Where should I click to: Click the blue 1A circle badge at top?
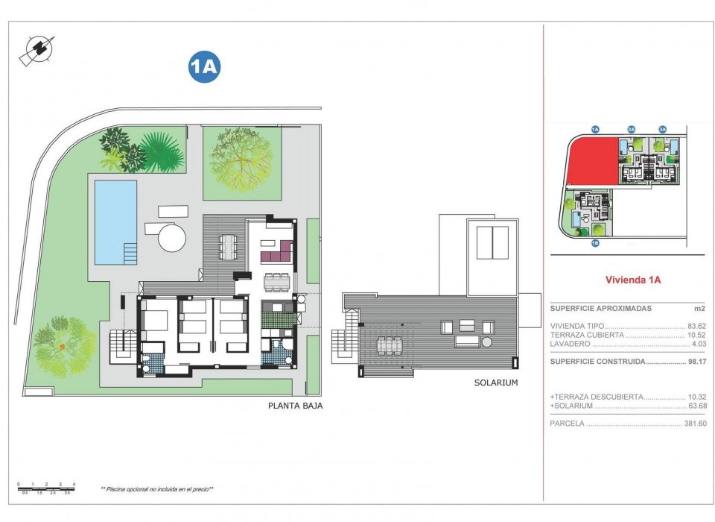(204, 67)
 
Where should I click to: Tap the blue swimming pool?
(115, 221)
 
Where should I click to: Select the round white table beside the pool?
(172, 240)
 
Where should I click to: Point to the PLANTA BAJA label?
(295, 406)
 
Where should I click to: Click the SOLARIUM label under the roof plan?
(495, 383)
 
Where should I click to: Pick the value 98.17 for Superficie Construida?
(696, 362)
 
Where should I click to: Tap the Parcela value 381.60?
(694, 424)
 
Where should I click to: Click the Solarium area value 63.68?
(696, 406)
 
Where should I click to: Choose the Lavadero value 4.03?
(698, 344)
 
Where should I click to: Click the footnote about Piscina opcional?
(157, 489)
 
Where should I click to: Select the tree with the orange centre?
(64, 345)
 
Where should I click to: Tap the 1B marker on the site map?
(595, 243)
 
